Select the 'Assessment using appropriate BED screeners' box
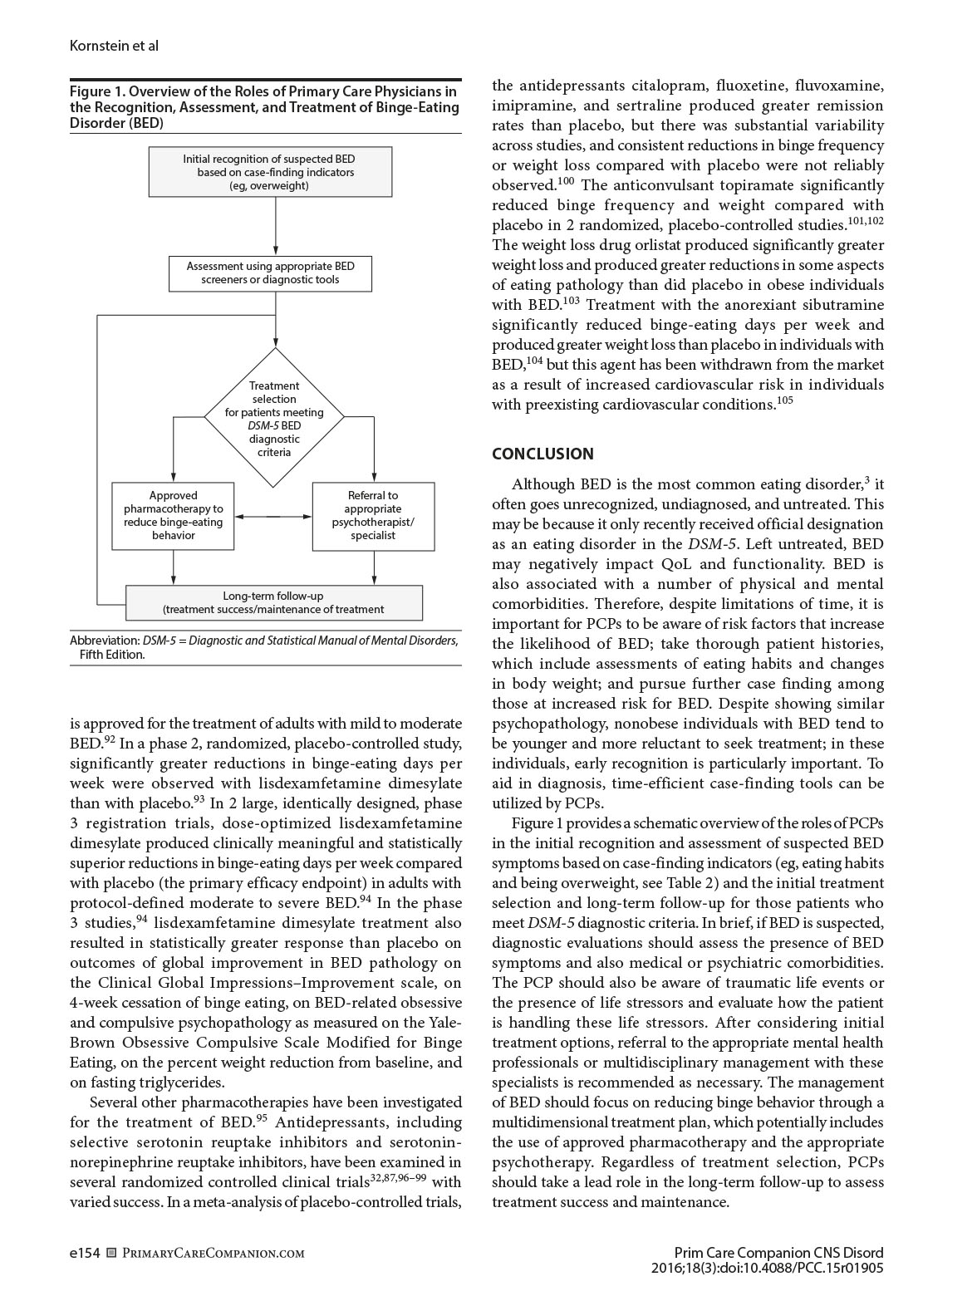coord(270,273)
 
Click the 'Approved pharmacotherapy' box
coord(173,515)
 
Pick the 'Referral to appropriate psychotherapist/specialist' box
coord(373,515)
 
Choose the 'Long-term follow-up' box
coord(273,602)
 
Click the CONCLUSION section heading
coord(542,454)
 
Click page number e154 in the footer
coord(85,1253)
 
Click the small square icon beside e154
coord(111,1253)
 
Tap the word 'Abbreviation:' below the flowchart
coord(104,641)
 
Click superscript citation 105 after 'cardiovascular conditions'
coord(785,401)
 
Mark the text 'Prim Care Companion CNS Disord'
coord(778,1253)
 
